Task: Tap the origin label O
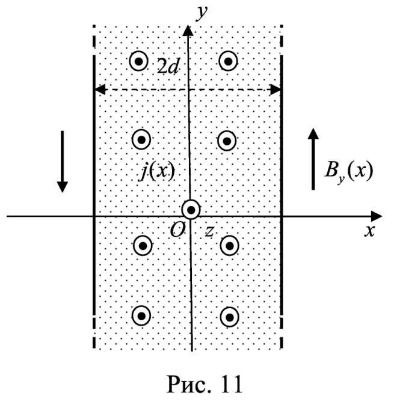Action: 177,228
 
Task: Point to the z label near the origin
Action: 209,230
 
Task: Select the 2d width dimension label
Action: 169,67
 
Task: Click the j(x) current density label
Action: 155,172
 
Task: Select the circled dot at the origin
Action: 191,210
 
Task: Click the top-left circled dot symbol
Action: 140,61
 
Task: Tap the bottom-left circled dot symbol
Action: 141,315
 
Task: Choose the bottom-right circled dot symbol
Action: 229,315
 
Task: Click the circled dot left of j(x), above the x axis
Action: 141,139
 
